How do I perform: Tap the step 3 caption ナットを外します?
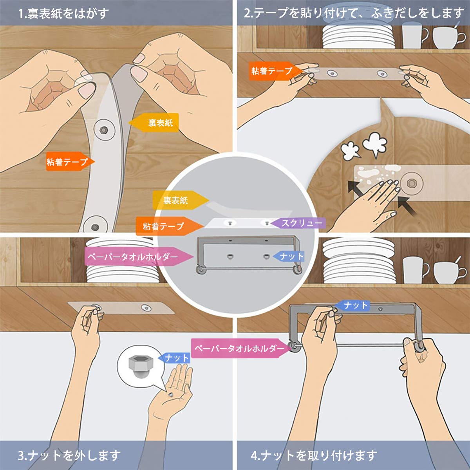coord(69,456)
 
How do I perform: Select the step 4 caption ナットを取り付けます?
coord(314,456)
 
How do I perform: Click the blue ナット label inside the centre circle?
coord(289,257)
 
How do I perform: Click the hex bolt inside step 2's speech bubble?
coord(411,183)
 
